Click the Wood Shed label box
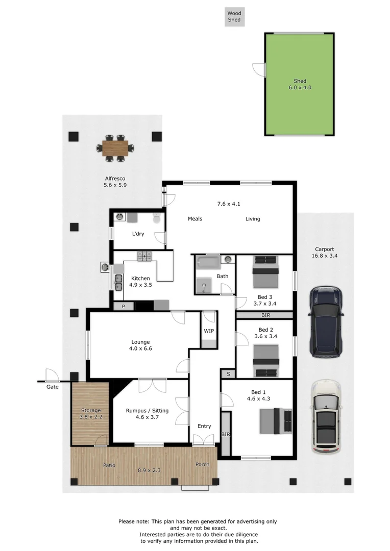pos(234,16)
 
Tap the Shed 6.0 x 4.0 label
pos(300,84)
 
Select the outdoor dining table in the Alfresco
pos(115,148)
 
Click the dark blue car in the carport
pos(326,321)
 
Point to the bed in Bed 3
pos(265,272)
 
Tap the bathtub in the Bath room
pos(208,262)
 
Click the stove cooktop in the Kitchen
pos(144,256)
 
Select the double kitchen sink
pos(118,282)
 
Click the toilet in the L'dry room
pos(157,218)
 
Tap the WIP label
pos(209,331)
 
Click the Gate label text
pos(52,387)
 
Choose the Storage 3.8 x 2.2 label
pos(91,414)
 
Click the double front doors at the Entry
pos(204,440)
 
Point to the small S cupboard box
pos(228,374)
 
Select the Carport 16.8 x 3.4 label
pos(325,253)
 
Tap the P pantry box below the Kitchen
pos(123,306)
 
